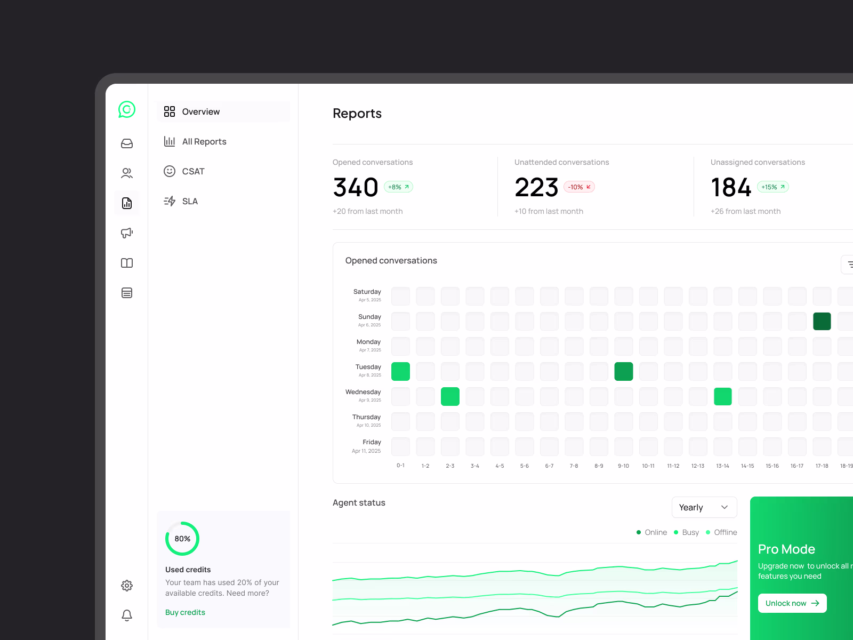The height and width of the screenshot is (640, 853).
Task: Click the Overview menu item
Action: click(x=200, y=111)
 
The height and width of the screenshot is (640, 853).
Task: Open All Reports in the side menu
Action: click(x=204, y=141)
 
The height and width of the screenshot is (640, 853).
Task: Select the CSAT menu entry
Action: click(x=193, y=171)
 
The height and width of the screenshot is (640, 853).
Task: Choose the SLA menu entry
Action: click(x=190, y=201)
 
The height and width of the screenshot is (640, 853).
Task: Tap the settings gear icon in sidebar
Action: click(x=127, y=586)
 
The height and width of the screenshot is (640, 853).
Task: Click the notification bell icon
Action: click(x=127, y=615)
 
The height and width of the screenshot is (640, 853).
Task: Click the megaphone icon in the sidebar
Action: click(x=127, y=233)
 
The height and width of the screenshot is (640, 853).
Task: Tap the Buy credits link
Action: click(x=185, y=612)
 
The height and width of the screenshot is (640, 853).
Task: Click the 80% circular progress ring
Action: click(x=182, y=539)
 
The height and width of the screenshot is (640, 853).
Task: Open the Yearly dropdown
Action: click(x=704, y=507)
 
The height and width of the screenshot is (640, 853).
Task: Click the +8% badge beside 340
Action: click(x=398, y=187)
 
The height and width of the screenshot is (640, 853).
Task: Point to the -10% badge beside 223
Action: click(x=579, y=187)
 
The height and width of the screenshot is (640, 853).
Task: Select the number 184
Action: click(x=731, y=188)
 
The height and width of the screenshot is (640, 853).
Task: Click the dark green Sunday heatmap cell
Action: click(x=822, y=322)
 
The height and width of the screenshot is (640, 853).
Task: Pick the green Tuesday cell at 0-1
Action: click(x=400, y=371)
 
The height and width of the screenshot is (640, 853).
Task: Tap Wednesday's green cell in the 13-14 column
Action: click(x=722, y=396)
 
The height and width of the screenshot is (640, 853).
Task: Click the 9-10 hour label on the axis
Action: click(x=623, y=466)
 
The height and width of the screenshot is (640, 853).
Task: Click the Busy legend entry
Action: click(x=687, y=532)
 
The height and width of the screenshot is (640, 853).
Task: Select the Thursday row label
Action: click(x=366, y=418)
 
